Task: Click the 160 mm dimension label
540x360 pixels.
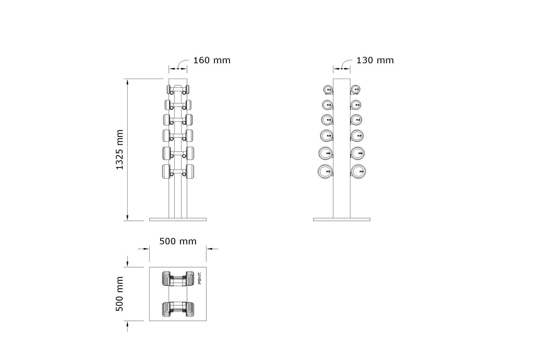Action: [212, 60]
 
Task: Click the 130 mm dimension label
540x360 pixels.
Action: [375, 60]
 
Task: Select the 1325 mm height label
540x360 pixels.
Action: [120, 150]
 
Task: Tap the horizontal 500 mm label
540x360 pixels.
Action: [178, 241]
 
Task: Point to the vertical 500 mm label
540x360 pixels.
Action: [120, 294]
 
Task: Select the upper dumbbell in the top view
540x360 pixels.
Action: [178, 278]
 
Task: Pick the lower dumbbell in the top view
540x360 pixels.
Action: [178, 308]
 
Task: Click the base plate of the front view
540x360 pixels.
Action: [178, 219]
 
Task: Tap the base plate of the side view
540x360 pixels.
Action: [341, 219]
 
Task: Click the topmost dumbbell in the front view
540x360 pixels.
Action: [178, 89]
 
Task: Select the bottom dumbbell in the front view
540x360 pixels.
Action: [178, 171]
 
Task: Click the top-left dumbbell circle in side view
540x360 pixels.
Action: [327, 89]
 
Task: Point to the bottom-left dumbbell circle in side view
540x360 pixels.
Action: [325, 171]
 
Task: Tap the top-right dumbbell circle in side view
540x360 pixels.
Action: [355, 89]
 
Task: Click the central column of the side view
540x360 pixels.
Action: [341, 147]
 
